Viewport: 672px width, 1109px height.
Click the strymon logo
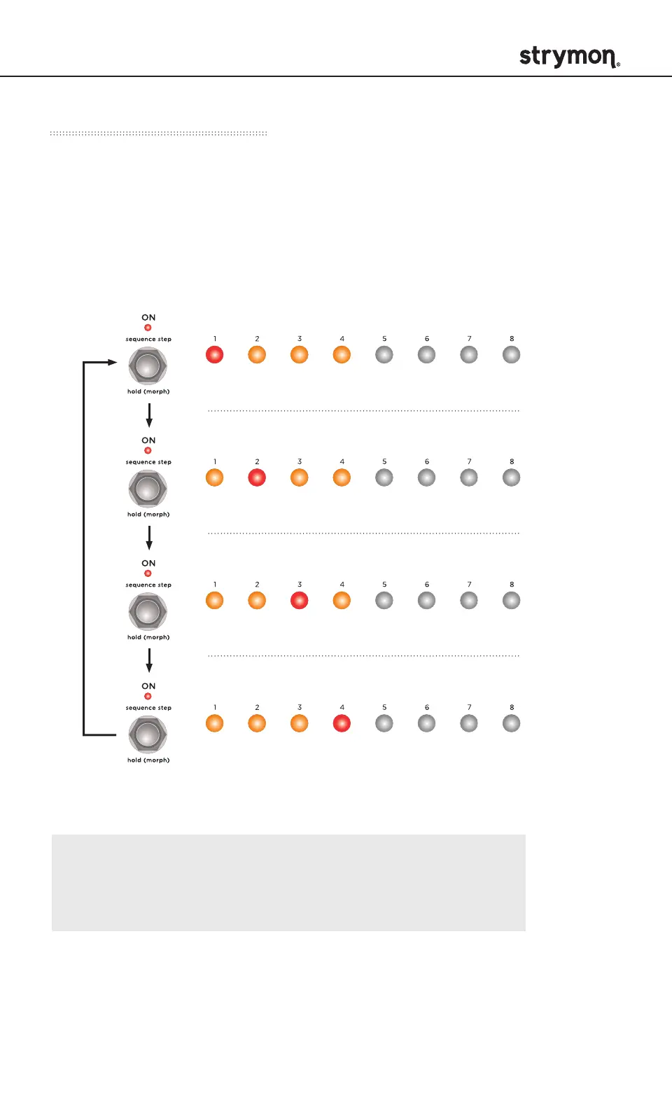tap(569, 57)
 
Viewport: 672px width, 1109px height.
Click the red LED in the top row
tap(214, 355)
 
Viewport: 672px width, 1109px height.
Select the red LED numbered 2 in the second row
tap(257, 477)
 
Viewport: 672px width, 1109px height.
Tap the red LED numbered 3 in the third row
tap(300, 601)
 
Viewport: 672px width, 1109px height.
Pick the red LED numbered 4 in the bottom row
tap(342, 723)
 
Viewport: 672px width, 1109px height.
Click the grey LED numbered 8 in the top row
tap(512, 355)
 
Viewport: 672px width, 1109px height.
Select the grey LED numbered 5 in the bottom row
tap(384, 723)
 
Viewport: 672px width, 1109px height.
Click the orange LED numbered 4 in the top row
tap(342, 355)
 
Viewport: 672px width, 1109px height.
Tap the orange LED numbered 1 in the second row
tap(214, 477)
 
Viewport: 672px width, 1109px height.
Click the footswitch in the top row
tap(148, 365)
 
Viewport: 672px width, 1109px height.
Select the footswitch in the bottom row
tap(148, 734)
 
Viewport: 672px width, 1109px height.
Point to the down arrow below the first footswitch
tap(149, 415)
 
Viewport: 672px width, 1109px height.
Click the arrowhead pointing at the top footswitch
tap(112, 363)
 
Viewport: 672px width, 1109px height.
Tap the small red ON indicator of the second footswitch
tap(148, 450)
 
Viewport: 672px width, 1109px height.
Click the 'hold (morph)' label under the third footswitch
tap(148, 637)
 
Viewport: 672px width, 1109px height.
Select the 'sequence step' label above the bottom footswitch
tap(148, 708)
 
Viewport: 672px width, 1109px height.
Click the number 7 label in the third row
tap(469, 585)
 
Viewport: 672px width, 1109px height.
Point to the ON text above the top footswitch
tap(148, 318)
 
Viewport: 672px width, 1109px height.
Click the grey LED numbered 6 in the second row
tap(427, 477)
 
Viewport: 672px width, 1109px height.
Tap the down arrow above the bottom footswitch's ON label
tap(149, 660)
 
